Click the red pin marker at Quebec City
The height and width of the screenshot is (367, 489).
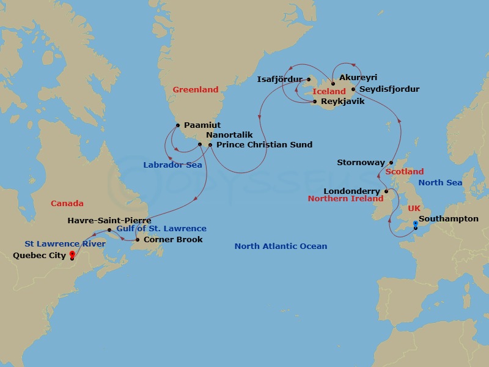click(x=72, y=255)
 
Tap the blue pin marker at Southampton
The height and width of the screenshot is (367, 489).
click(x=415, y=224)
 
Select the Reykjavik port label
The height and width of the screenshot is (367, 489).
click(x=342, y=102)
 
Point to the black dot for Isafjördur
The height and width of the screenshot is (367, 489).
click(x=309, y=79)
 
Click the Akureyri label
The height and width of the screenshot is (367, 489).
click(x=358, y=78)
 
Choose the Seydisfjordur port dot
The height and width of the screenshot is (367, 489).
click(x=353, y=89)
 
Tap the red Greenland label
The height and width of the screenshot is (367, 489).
click(x=195, y=90)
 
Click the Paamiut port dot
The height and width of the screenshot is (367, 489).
click(x=177, y=125)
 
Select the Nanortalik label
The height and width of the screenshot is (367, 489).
click(x=227, y=135)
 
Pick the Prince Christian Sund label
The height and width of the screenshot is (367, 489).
click(x=264, y=145)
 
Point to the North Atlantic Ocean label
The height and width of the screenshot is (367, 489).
click(x=281, y=247)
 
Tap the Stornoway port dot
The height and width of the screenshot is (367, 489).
click(x=391, y=163)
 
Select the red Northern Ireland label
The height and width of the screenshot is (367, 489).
click(x=345, y=199)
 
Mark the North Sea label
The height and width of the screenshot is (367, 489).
click(x=439, y=183)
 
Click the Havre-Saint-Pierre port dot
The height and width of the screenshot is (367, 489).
click(x=110, y=231)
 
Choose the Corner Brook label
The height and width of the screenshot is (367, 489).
click(x=173, y=240)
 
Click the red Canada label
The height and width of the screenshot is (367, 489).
click(x=67, y=203)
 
